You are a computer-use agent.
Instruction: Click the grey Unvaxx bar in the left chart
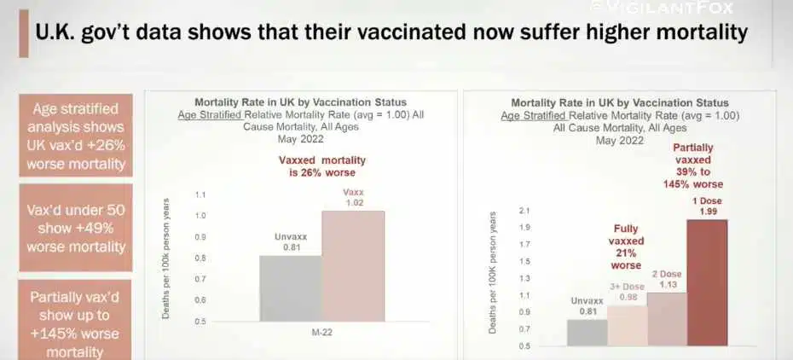290,288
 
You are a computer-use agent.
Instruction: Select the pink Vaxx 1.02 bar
353,266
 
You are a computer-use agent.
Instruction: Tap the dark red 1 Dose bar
707,282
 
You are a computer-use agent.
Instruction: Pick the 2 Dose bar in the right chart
667,319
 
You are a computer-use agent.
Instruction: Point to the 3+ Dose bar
628,326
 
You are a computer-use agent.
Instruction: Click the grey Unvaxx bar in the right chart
588,333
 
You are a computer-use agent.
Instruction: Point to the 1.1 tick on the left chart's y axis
200,195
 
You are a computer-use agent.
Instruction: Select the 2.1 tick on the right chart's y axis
521,211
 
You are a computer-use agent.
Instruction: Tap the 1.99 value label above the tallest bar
708,212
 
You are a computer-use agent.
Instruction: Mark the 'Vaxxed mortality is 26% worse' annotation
322,166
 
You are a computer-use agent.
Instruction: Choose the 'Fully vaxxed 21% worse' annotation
626,247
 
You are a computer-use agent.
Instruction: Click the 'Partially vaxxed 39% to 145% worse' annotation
693,165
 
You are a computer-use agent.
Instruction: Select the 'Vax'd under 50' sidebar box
76,228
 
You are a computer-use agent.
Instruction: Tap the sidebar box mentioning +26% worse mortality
76,136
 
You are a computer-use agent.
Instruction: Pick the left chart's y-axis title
165,258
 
